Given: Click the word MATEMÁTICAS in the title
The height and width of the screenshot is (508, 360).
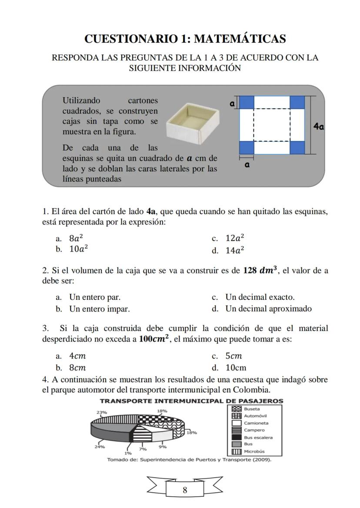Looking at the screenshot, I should (240, 39).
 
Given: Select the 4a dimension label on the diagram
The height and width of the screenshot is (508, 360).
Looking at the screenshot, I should (319, 126).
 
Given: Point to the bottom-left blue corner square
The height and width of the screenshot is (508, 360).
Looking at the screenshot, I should (247, 147).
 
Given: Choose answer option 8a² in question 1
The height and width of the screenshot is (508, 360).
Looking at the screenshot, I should (76, 238).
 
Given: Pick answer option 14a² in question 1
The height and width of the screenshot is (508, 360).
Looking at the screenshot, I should (234, 250).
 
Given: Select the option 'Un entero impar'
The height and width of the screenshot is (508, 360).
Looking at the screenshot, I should (99, 309).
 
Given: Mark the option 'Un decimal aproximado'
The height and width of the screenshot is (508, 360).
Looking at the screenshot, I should (268, 309).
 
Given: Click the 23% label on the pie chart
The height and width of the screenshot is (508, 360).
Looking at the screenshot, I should (101, 412).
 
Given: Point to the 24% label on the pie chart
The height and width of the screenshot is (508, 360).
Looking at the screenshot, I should (100, 446).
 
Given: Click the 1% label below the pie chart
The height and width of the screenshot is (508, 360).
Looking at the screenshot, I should (128, 453).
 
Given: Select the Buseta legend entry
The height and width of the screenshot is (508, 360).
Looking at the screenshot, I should (252, 409).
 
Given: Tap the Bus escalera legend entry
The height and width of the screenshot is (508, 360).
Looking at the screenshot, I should (258, 438).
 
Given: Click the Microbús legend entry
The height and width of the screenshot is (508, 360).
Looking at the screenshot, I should (254, 452).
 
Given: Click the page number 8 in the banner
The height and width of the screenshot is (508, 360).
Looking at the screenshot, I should (185, 490).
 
